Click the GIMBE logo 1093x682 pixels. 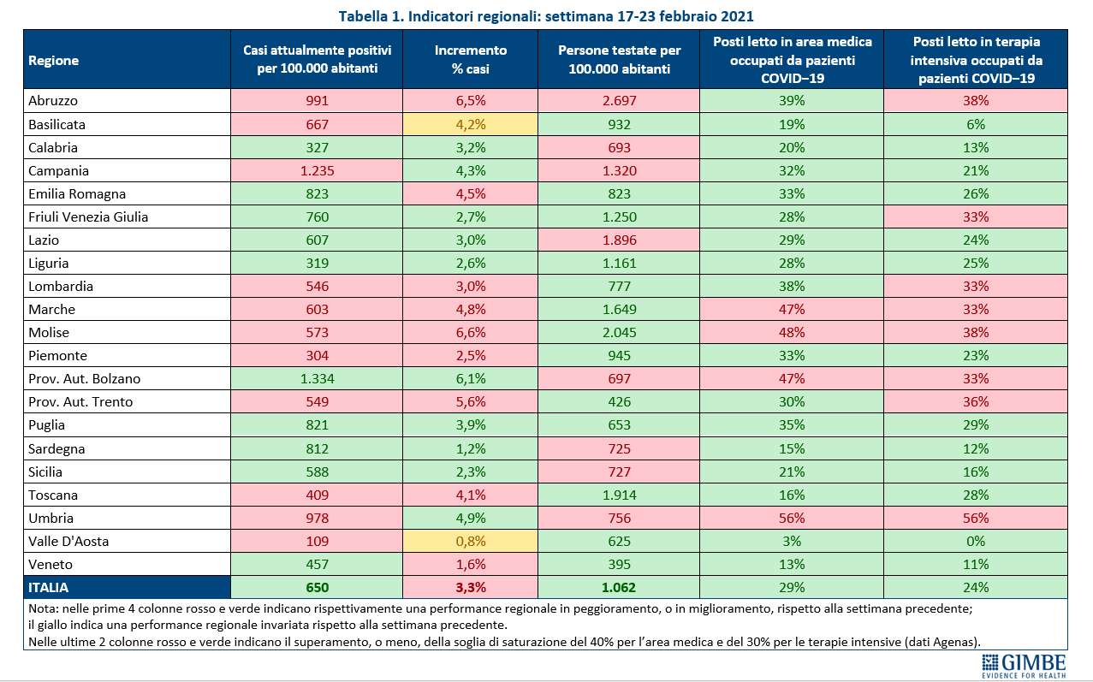[x=1024, y=667]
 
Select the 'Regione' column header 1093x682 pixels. [x=54, y=60]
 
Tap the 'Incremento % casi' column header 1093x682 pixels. [x=471, y=60]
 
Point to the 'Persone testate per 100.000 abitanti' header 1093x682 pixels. [x=619, y=60]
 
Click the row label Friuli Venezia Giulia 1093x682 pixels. [x=88, y=216]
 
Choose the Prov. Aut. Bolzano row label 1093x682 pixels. [x=85, y=378]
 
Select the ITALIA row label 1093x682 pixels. [x=48, y=587]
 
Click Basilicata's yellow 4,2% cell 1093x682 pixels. [x=471, y=124]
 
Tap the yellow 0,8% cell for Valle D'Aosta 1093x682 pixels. [x=471, y=541]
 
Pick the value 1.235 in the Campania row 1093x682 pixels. [x=318, y=171]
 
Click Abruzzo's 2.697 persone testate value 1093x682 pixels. [x=619, y=101]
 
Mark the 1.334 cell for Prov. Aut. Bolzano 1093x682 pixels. [x=318, y=378]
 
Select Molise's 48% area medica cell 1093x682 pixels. [x=792, y=332]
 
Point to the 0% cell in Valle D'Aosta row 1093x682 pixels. [x=976, y=541]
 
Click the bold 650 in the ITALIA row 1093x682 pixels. [x=318, y=587]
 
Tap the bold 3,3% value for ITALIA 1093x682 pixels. [x=471, y=587]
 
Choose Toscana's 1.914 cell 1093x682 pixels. [x=619, y=495]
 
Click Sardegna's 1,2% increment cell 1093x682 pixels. [x=471, y=448]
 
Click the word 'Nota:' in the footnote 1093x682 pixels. [x=44, y=608]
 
